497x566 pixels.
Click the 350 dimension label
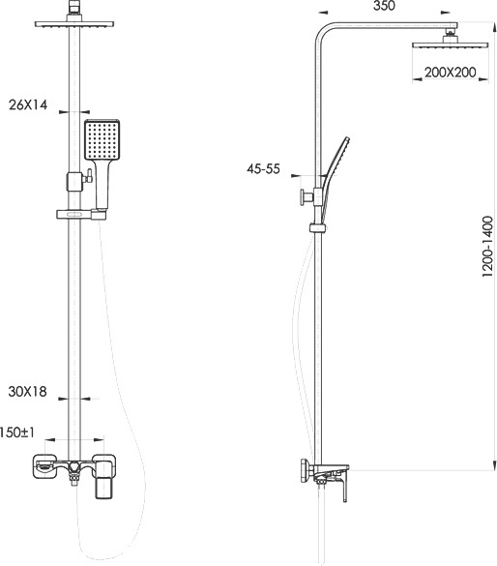pyautogui.click(x=384, y=6)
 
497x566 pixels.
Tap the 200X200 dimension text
pyautogui.click(x=451, y=73)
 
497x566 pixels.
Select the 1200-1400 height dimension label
pyautogui.click(x=487, y=246)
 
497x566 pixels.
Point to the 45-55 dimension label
pyautogui.click(x=263, y=168)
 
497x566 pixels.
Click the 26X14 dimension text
pyautogui.click(x=28, y=105)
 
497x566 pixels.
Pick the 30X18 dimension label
pyautogui.click(x=28, y=392)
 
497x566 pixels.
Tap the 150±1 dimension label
pyautogui.click(x=17, y=432)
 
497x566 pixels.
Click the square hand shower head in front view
pyautogui.click(x=102, y=139)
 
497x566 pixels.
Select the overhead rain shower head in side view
pyautogui.click(x=451, y=45)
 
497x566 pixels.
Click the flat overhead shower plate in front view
pyautogui.click(x=74, y=24)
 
